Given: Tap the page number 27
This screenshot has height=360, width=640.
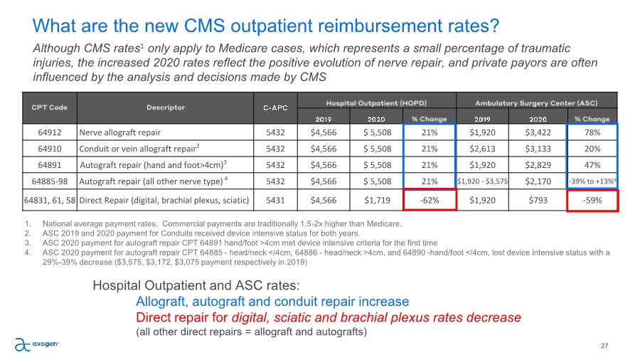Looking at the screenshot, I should click(604, 346).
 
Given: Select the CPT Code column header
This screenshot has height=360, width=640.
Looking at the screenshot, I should click(49, 108).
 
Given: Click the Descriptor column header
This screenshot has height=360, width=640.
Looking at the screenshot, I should click(166, 108).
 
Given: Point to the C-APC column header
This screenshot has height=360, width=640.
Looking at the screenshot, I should click(274, 108).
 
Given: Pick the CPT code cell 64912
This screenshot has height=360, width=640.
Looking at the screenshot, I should click(49, 132).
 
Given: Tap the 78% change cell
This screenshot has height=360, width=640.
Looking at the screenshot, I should click(592, 132).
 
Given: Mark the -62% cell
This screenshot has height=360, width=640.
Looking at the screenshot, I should click(429, 200).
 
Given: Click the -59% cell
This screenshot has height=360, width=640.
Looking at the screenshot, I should click(592, 200).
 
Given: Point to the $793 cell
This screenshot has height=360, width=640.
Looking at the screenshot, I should click(539, 200).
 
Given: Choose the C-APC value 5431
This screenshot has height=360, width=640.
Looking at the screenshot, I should click(274, 200).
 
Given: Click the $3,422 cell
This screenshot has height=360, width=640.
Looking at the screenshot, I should click(539, 132).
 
